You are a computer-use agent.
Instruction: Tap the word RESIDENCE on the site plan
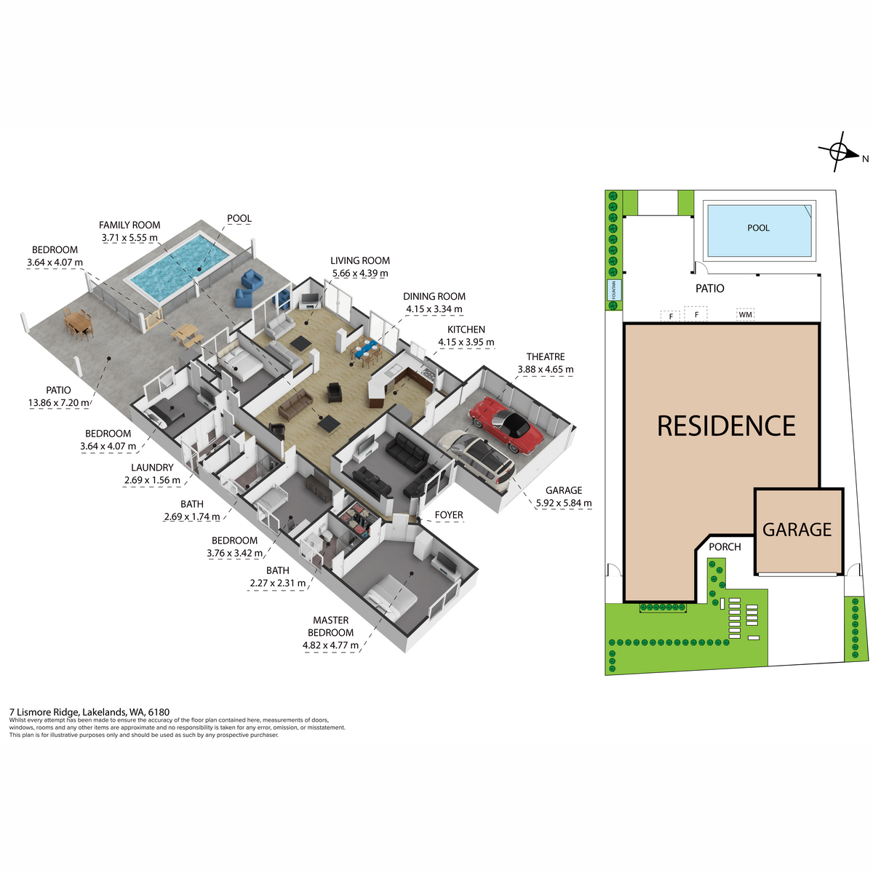726,426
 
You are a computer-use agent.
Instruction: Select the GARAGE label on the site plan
797,529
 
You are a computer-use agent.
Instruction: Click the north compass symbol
839,152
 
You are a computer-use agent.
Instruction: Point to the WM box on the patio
745,314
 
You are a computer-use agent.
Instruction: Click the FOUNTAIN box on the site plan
614,290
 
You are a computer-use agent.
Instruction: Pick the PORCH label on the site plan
725,547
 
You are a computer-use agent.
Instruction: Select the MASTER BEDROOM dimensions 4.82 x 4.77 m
330,645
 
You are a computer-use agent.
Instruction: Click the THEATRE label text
546,356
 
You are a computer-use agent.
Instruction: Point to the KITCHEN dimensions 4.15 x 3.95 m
466,342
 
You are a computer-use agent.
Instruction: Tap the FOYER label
449,515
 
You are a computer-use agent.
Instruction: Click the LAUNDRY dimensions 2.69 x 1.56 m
152,479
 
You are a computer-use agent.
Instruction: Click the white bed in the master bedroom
392,597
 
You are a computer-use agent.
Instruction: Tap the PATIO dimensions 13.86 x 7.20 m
58,402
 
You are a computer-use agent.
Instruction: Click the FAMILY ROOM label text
129,225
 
